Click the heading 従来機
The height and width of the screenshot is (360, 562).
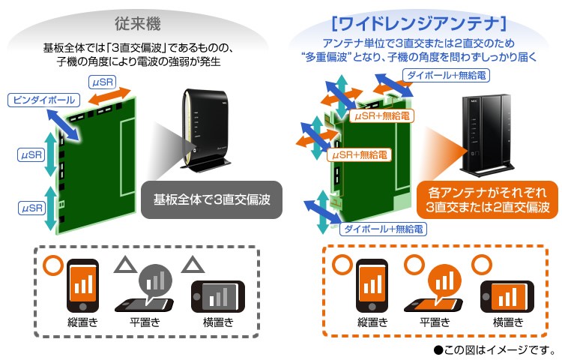click(x=140, y=22)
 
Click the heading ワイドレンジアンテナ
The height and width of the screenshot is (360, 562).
click(x=422, y=22)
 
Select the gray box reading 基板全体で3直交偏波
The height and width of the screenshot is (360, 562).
click(x=211, y=200)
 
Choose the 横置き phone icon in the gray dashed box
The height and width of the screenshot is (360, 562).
click(x=219, y=294)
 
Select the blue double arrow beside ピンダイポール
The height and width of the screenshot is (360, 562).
click(x=64, y=121)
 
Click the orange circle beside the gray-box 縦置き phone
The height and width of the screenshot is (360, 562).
click(x=52, y=265)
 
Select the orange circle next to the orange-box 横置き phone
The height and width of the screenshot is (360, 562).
click(x=479, y=264)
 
